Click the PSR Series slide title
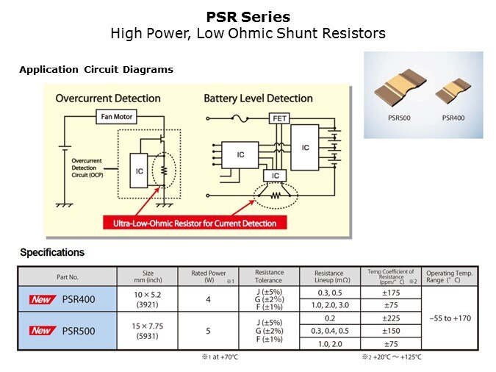248,17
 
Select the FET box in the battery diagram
279,118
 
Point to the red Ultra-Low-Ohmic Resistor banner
195,223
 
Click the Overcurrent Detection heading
108,99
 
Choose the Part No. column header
67,277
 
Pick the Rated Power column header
208,276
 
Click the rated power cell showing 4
208,299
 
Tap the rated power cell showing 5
208,330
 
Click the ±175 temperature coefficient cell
389,293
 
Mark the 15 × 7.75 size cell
147,326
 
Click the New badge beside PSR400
41,300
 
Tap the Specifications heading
52,252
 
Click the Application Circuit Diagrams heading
96,70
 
